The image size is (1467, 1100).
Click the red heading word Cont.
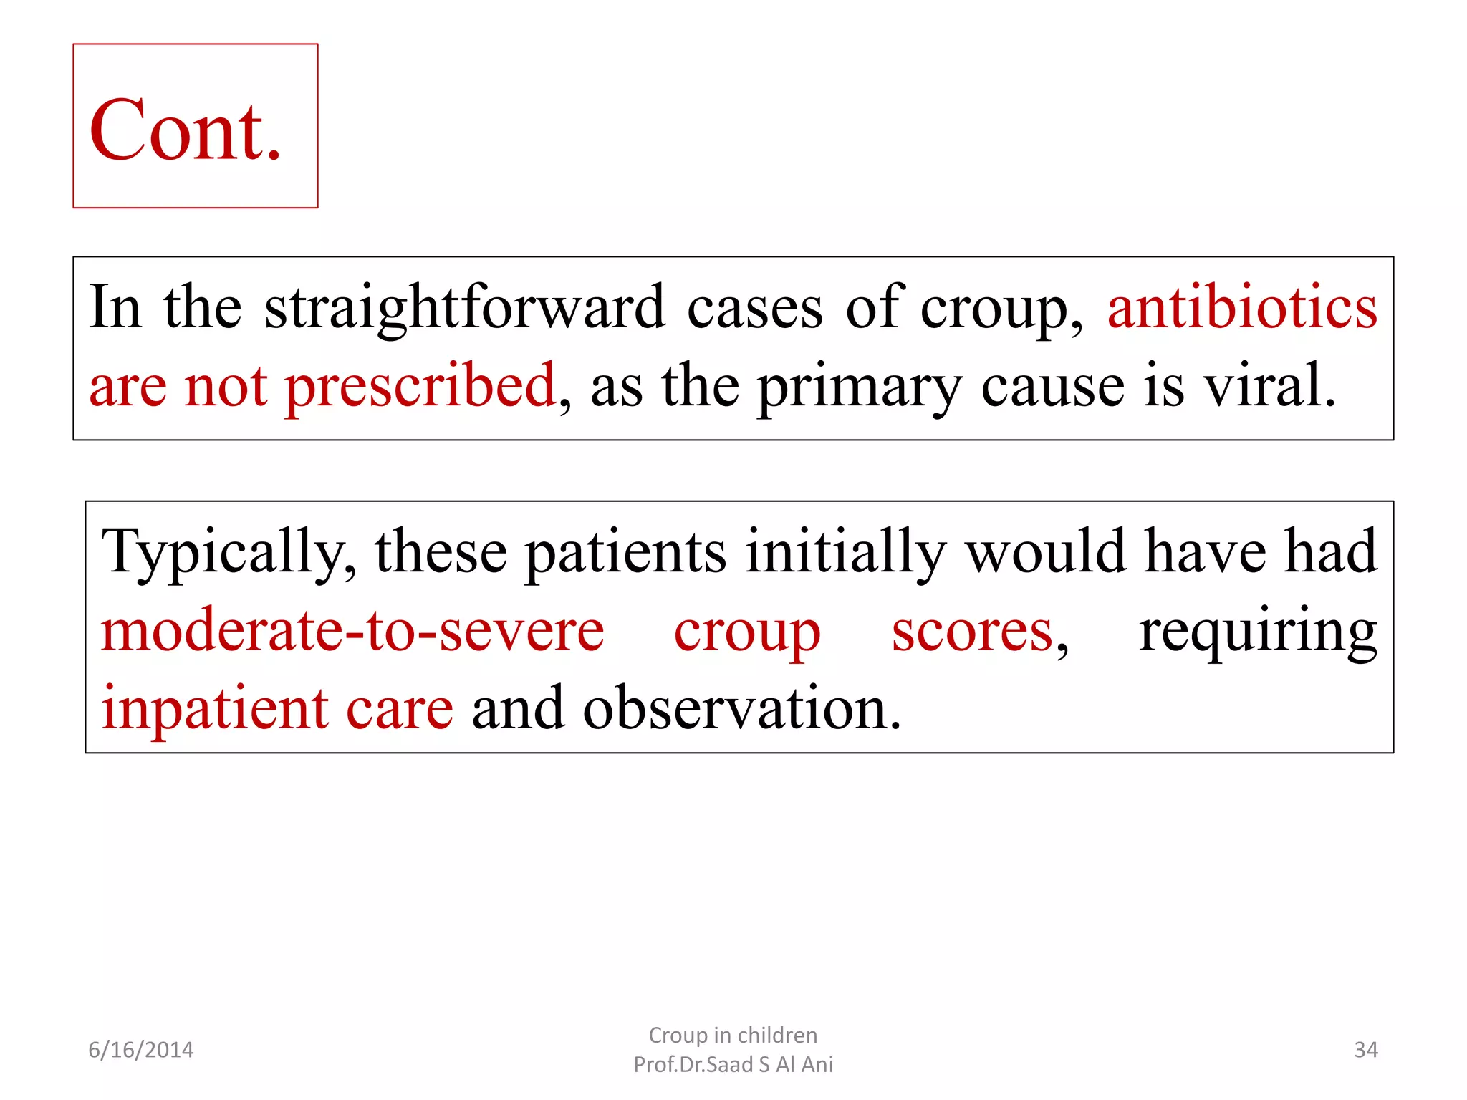(185, 131)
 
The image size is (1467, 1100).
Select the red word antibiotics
(1242, 308)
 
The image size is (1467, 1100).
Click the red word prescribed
(420, 387)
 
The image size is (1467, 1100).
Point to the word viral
(1268, 386)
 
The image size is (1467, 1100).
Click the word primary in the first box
(859, 387)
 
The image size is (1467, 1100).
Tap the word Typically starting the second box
(229, 553)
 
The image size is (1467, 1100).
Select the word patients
(625, 553)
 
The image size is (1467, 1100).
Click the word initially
(846, 553)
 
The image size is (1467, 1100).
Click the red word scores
(972, 632)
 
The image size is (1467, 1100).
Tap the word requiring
(1258, 632)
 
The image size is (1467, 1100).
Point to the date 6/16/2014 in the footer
(141, 1050)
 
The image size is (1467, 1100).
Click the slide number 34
(1365, 1050)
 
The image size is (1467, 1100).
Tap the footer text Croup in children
(733, 1035)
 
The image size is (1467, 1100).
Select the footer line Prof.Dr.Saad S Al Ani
(733, 1064)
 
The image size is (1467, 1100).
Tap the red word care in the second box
(400, 710)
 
